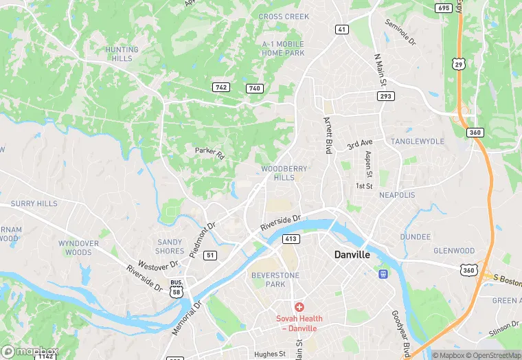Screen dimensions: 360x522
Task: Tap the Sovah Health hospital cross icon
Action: [299, 307]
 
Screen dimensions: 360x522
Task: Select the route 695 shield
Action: [444, 8]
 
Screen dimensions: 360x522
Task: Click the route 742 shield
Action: [220, 87]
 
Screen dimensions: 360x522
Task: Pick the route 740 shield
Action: [254, 88]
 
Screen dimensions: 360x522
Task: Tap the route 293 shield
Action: [385, 96]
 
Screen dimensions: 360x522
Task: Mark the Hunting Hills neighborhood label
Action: [122, 54]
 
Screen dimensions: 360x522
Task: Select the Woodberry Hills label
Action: [284, 172]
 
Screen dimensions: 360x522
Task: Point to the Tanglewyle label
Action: [418, 141]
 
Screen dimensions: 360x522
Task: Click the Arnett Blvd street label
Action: [328, 135]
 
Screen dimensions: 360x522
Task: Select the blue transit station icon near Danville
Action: [383, 274]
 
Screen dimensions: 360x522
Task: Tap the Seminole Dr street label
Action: [400, 32]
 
